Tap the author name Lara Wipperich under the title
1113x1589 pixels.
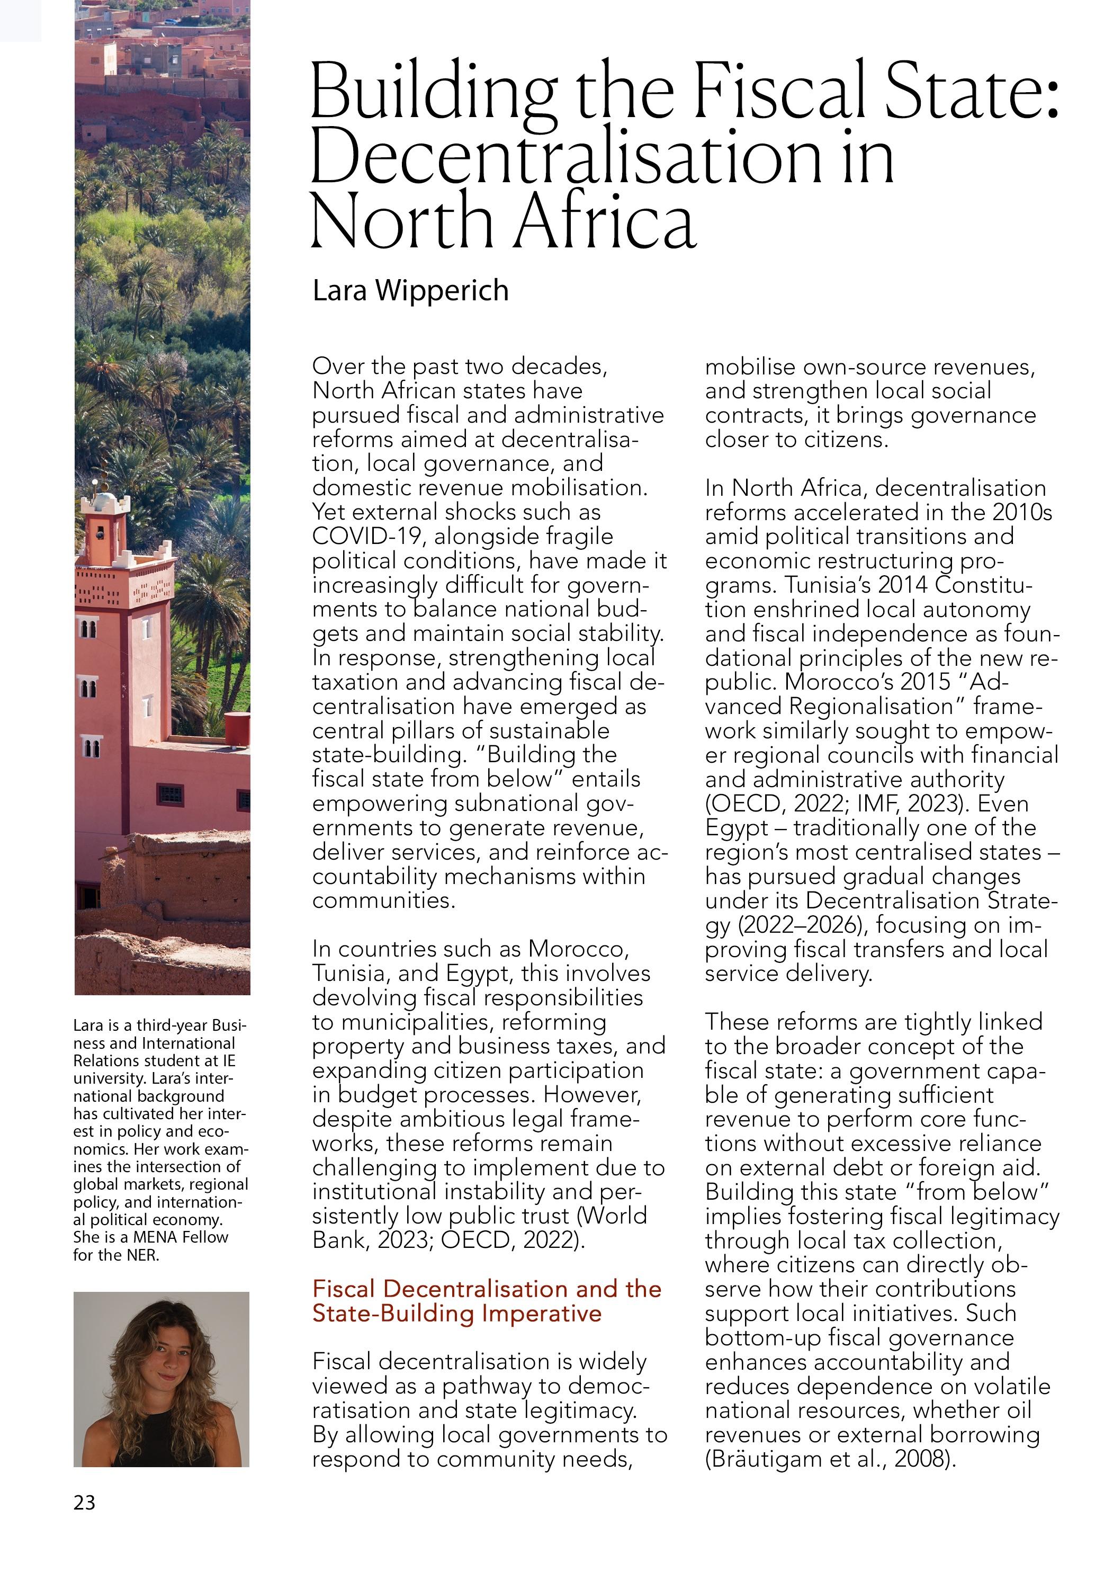(410, 291)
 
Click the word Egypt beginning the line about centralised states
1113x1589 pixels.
(737, 828)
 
